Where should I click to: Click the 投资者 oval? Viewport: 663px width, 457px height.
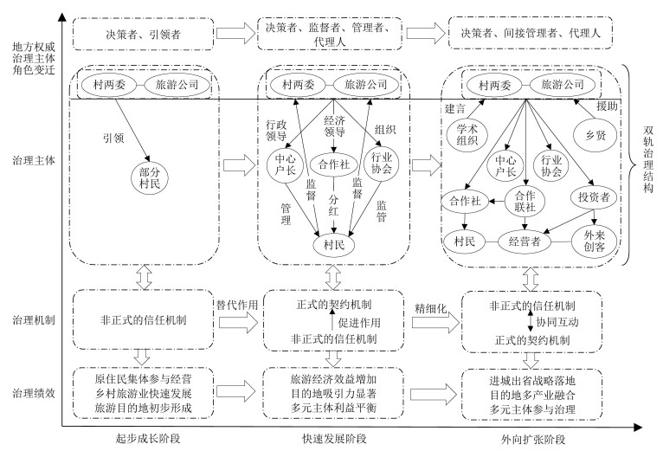coord(595,198)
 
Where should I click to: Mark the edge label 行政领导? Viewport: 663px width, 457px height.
coord(278,131)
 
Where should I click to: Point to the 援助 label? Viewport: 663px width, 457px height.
coord(607,106)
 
